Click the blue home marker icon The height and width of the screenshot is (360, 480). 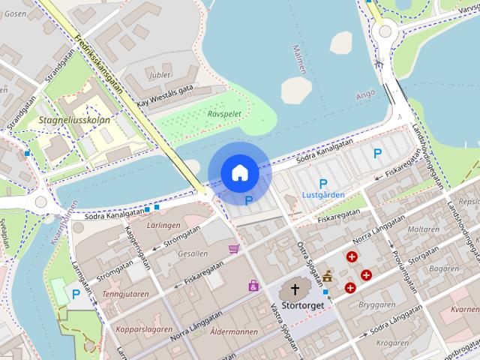[x=239, y=172]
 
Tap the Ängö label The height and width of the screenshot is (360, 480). [x=364, y=94]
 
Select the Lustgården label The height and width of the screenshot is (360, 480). [x=322, y=195]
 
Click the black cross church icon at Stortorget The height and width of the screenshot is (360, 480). [x=295, y=289]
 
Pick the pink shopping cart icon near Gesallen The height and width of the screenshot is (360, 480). [x=234, y=249]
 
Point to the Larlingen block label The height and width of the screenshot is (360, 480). [x=163, y=225]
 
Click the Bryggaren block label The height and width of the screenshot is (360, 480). [x=376, y=305]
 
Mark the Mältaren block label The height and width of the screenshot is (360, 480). [x=424, y=229]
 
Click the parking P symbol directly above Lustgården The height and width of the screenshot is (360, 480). [x=323, y=183]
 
